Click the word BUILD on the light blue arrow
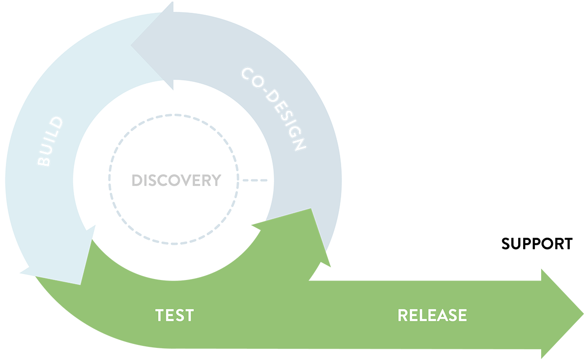[x=51, y=142]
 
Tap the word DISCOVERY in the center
[x=176, y=180]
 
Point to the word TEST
[x=175, y=315]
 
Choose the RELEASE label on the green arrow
[x=432, y=315]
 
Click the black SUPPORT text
[x=537, y=244]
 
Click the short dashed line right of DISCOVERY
[x=255, y=180]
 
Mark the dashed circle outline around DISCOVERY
[x=174, y=116]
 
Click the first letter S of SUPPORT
[x=507, y=244]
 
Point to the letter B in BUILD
[x=44, y=161]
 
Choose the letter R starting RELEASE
[x=404, y=315]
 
